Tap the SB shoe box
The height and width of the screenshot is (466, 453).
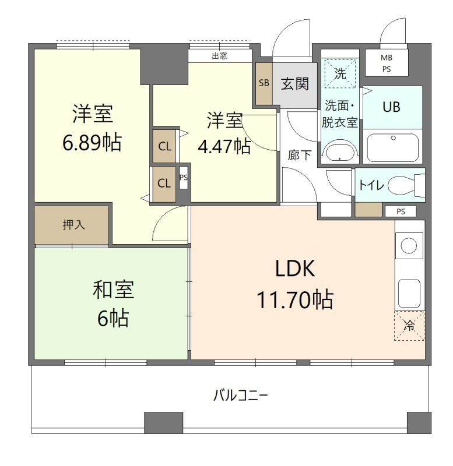click(x=263, y=83)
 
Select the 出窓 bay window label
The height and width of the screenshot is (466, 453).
click(x=219, y=57)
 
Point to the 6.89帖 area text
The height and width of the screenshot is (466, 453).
click(x=92, y=142)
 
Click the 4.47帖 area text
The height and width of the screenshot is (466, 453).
click(x=224, y=146)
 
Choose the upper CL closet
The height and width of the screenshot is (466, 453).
click(x=164, y=146)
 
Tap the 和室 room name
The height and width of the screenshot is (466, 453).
click(x=114, y=290)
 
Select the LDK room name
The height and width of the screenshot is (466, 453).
click(x=296, y=269)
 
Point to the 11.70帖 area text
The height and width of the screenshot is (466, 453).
click(x=295, y=299)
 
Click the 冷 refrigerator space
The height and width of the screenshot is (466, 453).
click(x=410, y=326)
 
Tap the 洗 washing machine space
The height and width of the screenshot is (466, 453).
click(x=340, y=75)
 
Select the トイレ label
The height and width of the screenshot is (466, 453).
click(x=371, y=185)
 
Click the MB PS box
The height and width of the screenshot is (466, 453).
click(x=386, y=63)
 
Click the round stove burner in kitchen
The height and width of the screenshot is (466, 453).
click(x=409, y=246)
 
